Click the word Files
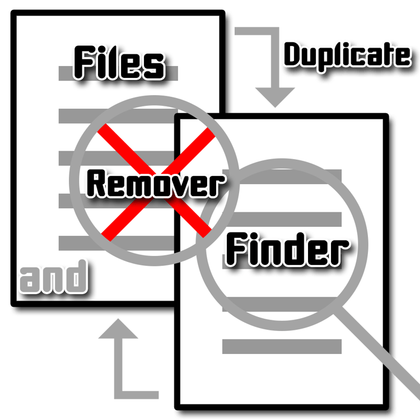pyautogui.click(x=119, y=63)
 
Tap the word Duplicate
pyautogui.click(x=347, y=55)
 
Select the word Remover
pyautogui.click(x=155, y=184)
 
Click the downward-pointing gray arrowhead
pyautogui.click(x=275, y=97)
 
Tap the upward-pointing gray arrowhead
pyautogui.click(x=118, y=328)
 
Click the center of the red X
pyautogui.click(x=156, y=182)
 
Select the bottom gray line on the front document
pyautogui.click(x=282, y=346)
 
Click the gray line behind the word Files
pyautogui.click(x=118, y=73)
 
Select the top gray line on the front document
pyautogui.click(x=282, y=176)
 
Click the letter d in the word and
pyautogui.click(x=77, y=277)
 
